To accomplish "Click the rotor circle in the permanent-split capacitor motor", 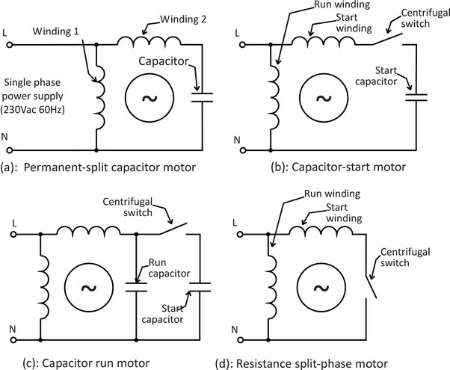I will [147, 97].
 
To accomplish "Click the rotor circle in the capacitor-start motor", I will [323, 97].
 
